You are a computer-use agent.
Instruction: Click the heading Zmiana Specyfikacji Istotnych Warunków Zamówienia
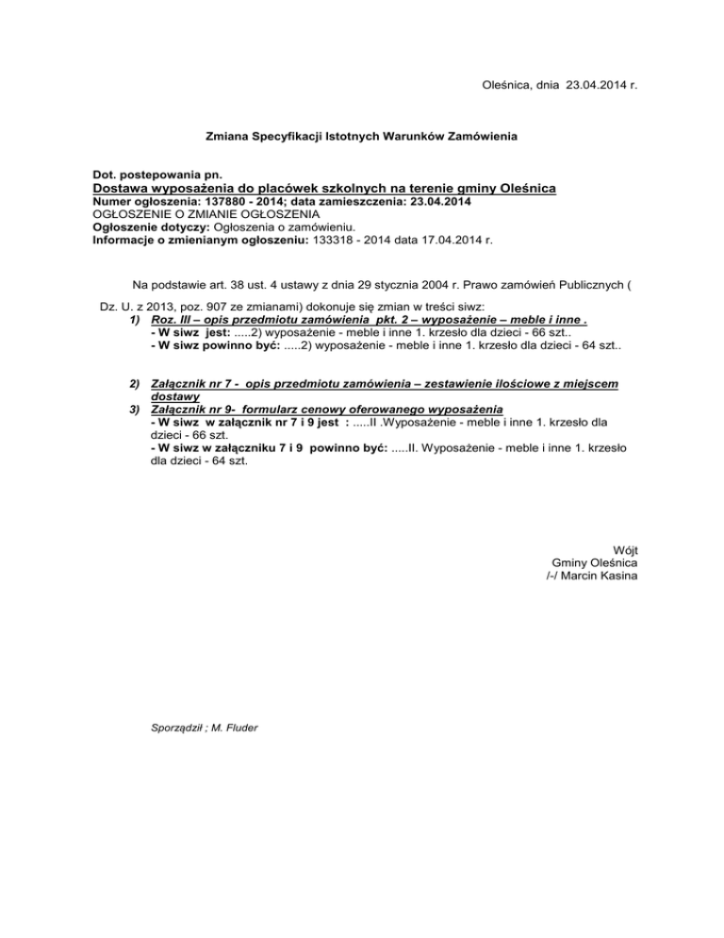pos(361,138)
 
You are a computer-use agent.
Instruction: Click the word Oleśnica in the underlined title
pos(519,189)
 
